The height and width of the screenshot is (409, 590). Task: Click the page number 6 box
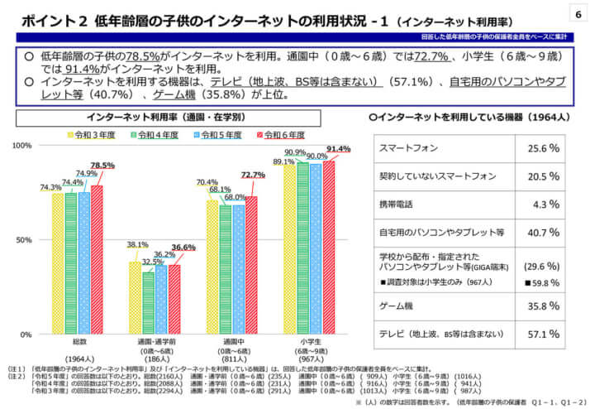pyautogui.click(x=574, y=14)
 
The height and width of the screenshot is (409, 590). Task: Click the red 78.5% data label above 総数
pyautogui.click(x=102, y=165)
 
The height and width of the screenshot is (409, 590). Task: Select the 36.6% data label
pyautogui.click(x=183, y=248)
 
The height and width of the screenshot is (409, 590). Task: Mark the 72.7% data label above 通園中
pyautogui.click(x=252, y=175)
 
